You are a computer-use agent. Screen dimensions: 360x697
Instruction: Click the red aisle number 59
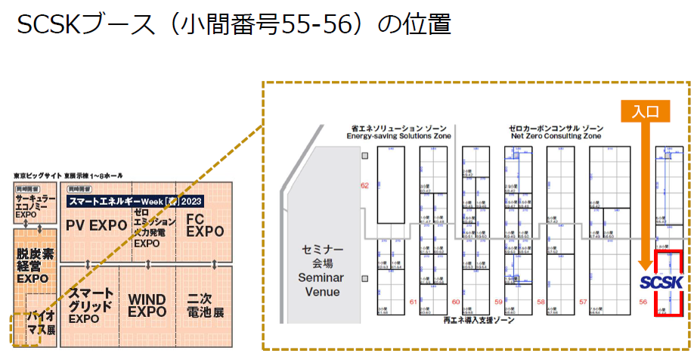[x=497, y=302]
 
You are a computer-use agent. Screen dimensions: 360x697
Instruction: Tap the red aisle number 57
[x=583, y=302]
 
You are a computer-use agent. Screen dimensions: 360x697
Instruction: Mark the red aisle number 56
[x=643, y=302]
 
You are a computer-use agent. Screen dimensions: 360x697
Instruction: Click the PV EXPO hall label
[x=96, y=225]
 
